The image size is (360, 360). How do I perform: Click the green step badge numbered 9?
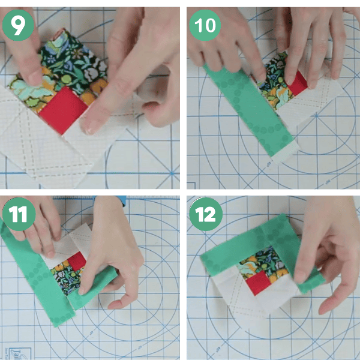(x=18, y=25)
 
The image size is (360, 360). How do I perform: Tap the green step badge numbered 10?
(x=205, y=25)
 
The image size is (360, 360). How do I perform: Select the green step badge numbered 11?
(x=19, y=214)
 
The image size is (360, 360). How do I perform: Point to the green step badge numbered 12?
(x=206, y=214)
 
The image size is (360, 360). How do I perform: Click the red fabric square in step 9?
(x=62, y=110)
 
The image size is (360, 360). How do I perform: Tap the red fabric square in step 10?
(x=298, y=83)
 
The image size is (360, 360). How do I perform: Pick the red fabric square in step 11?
(x=77, y=262)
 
